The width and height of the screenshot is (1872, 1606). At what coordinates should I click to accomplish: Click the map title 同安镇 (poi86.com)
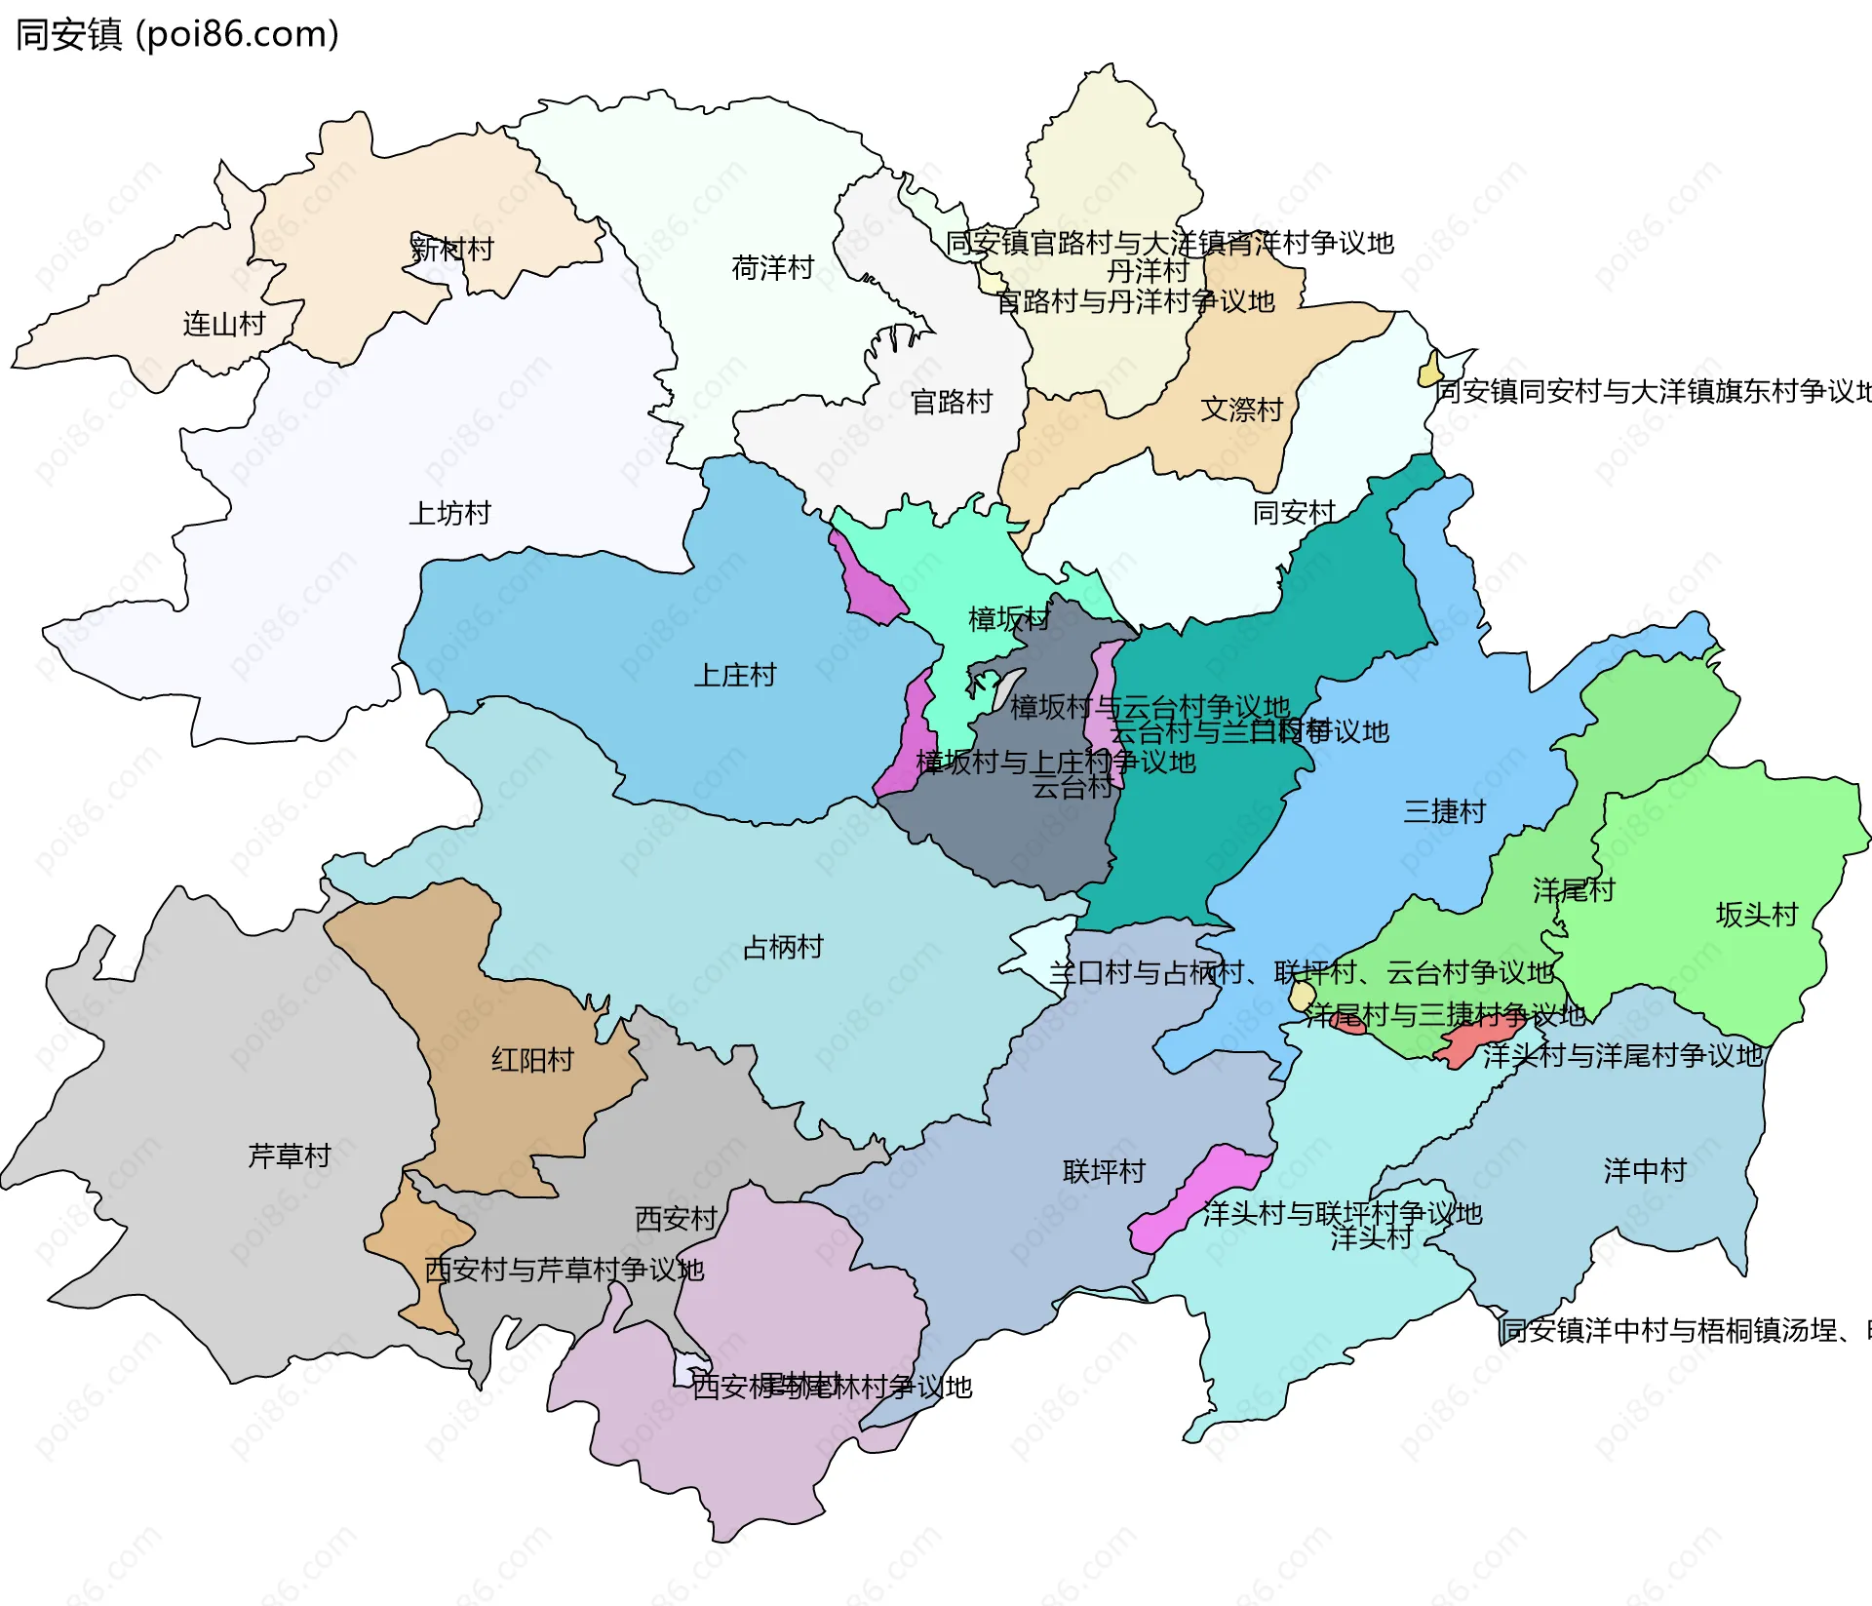177,34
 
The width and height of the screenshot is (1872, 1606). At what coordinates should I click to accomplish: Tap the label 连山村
224,324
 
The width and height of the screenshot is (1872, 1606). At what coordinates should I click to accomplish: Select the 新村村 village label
451,249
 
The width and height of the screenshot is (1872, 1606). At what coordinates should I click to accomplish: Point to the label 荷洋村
772,267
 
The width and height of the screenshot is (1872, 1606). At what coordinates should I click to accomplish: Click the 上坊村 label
449,513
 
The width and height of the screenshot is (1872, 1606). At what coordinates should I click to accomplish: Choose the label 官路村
951,401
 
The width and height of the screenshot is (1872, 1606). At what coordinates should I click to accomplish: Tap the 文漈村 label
1241,409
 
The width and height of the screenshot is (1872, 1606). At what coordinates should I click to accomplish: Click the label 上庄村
734,675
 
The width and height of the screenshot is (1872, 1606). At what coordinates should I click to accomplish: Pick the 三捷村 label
1444,811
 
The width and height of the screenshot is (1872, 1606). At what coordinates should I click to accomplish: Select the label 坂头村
1756,915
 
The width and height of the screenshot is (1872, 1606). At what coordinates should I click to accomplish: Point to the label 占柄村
782,947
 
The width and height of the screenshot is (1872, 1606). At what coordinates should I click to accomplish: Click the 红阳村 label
532,1060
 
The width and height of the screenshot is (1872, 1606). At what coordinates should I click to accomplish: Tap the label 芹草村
290,1156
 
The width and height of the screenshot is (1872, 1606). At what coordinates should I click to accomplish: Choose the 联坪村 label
1104,1171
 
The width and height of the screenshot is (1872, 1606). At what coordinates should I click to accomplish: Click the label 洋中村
1645,1170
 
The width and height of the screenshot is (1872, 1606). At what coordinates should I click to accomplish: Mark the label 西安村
676,1219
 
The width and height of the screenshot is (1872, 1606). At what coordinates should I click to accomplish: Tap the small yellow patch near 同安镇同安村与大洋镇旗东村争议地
1430,372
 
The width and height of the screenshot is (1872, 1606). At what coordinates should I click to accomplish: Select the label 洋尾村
1574,889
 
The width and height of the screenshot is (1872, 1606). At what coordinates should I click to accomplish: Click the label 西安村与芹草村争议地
564,1270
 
